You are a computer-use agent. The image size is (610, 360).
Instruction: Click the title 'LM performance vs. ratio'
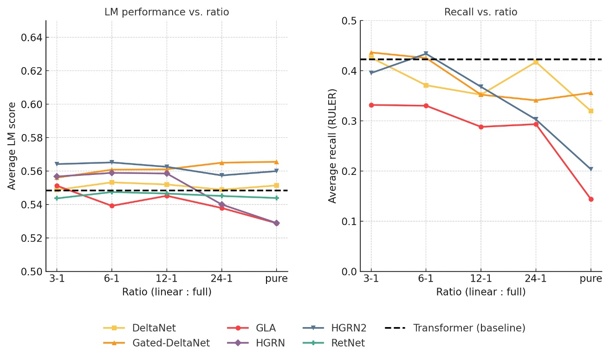[167, 12]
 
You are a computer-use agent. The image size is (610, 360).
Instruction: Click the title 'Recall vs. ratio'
[480, 12]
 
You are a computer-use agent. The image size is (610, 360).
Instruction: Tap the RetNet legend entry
[348, 343]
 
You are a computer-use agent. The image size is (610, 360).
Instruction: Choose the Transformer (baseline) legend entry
[469, 328]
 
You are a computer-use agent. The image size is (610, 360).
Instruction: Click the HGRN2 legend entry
[349, 328]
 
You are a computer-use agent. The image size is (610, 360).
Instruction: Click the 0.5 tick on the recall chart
[349, 21]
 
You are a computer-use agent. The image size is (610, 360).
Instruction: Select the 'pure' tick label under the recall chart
[591, 279]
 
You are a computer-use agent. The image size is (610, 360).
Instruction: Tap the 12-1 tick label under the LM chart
[167, 279]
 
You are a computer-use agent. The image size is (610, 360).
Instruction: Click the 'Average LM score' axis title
[12, 146]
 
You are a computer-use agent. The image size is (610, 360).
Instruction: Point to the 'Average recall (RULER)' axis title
[332, 146]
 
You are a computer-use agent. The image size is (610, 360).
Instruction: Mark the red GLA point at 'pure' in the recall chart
[591, 199]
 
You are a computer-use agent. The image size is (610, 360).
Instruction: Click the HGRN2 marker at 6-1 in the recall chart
[426, 54]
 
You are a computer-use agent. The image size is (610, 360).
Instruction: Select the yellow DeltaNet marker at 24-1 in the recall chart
[536, 62]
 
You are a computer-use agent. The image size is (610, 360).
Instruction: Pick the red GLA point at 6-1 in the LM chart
[112, 206]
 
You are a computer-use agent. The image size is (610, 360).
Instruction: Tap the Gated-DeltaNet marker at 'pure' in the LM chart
[277, 162]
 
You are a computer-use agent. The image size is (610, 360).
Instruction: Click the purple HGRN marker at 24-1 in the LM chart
[222, 205]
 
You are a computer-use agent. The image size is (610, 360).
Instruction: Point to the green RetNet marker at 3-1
[57, 198]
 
